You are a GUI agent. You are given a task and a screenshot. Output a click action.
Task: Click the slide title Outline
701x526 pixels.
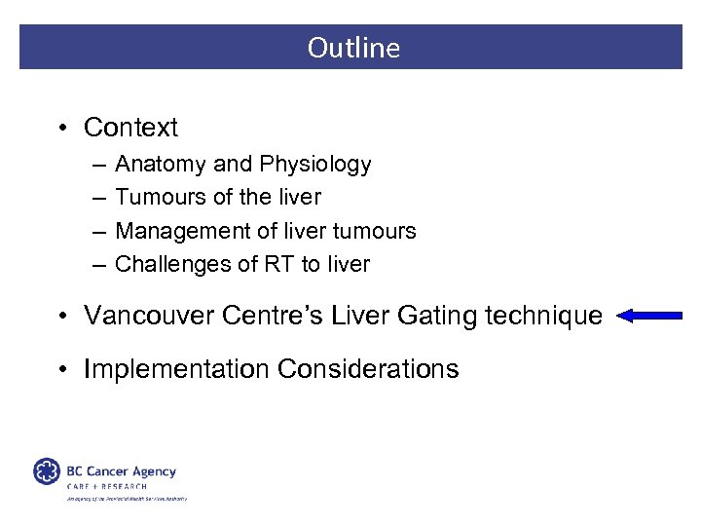[353, 48]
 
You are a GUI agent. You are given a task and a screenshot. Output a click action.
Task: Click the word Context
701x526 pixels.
[130, 128]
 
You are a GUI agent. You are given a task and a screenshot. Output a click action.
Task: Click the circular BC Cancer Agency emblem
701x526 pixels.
[47, 471]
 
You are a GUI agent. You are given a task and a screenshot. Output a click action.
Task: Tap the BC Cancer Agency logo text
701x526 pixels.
[121, 471]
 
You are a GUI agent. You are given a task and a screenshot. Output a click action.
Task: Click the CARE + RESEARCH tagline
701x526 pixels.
[107, 486]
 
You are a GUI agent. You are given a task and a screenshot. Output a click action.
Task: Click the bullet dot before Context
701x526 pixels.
[62, 129]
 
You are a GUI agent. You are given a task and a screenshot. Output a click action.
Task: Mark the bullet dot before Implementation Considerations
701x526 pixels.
[62, 370]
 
